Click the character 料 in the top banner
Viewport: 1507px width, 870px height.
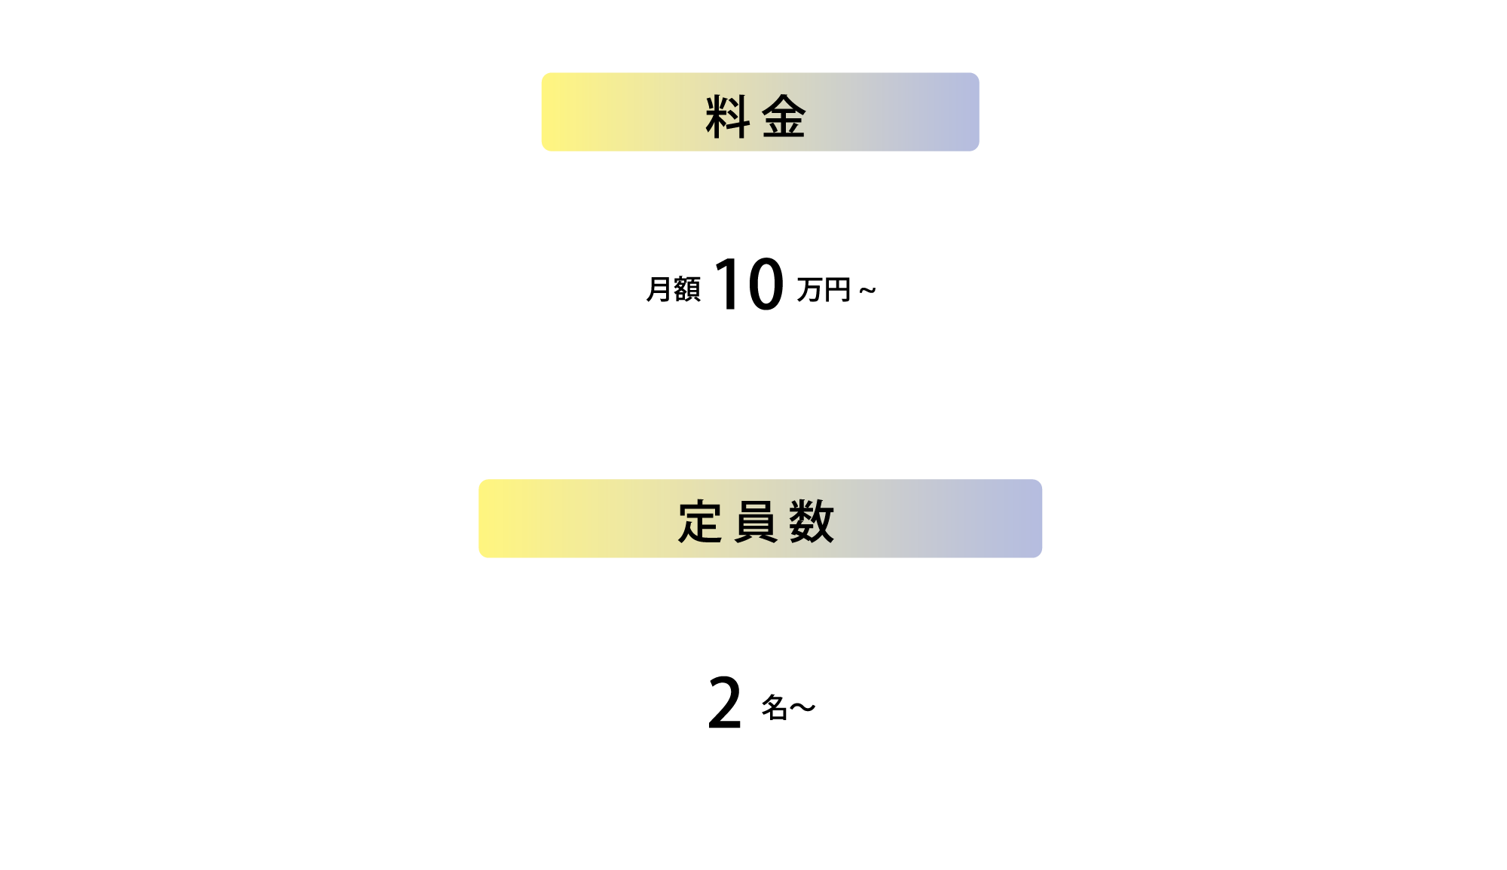pyautogui.click(x=727, y=117)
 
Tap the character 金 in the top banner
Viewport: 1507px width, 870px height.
pyautogui.click(x=784, y=117)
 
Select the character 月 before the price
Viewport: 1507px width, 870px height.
pyautogui.click(x=659, y=289)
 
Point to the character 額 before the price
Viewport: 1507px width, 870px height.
pyautogui.click(x=687, y=289)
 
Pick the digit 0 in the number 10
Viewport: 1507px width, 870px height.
pyautogui.click(x=766, y=283)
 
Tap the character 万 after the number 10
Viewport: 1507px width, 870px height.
pyautogui.click(x=810, y=290)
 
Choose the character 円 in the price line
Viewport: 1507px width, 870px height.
pyautogui.click(x=838, y=290)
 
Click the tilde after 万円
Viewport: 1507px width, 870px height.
pyautogui.click(x=867, y=290)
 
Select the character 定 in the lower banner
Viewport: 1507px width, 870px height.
pyautogui.click(x=700, y=521)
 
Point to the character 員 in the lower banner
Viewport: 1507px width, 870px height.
pyautogui.click(x=756, y=521)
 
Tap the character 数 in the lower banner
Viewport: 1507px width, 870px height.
pyautogui.click(x=812, y=521)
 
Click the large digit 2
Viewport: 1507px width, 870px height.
pyautogui.click(x=725, y=703)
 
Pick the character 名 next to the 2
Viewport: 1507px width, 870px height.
pyautogui.click(x=775, y=707)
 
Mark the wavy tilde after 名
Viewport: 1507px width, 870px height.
pyautogui.click(x=802, y=707)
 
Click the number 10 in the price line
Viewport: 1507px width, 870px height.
pyautogui.click(x=750, y=283)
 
